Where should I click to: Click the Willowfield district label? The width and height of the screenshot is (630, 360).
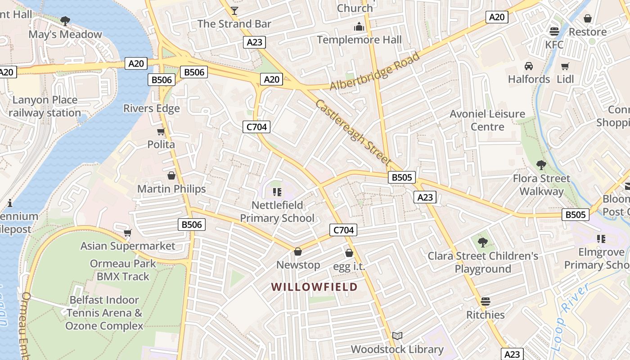315,287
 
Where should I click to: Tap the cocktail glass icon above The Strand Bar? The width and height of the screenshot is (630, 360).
234,10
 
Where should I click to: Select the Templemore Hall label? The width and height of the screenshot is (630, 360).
359,40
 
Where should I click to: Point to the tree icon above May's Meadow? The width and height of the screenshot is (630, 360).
65,21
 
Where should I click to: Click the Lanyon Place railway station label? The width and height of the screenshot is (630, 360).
45,106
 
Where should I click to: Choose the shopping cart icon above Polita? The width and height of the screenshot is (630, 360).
161,132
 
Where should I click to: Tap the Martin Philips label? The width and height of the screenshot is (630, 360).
171,189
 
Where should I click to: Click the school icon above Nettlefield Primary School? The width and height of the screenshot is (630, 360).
277,193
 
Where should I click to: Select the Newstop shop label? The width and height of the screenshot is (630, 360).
298,265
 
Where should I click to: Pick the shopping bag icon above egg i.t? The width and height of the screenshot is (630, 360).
349,253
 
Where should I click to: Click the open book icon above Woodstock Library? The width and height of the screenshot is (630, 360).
397,336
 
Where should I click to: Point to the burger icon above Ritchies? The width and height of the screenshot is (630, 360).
485,301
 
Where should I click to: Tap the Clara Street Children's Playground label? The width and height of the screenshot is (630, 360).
483,262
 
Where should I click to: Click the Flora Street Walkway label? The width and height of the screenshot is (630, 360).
541,185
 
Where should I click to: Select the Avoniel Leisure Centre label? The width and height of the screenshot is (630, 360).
487,120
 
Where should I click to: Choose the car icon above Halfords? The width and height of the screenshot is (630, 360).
529,66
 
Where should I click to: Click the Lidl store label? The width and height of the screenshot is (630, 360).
565,79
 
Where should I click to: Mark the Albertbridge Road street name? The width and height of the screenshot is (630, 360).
374,72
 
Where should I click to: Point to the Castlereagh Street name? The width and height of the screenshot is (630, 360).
352,132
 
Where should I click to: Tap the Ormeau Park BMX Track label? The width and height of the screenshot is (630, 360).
123,270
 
